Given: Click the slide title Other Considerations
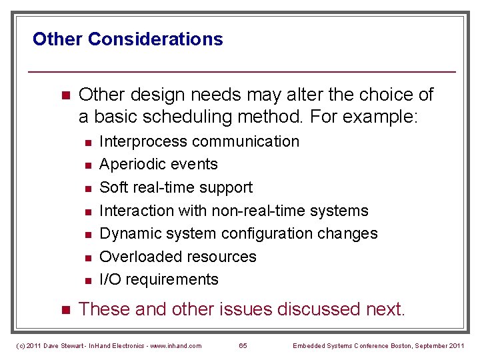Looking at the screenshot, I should (x=127, y=39).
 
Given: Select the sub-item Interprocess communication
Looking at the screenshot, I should (x=199, y=141).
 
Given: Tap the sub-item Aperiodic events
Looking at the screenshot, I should (x=158, y=164).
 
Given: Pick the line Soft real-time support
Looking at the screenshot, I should (x=176, y=187).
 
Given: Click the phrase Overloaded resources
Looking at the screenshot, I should (x=177, y=257).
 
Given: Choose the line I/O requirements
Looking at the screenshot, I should (x=159, y=279).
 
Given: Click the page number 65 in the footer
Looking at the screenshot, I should (x=243, y=345).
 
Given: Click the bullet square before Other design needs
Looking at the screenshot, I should (x=65, y=95).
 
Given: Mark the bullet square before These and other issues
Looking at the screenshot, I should (x=65, y=310).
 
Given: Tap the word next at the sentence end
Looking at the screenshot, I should (x=385, y=309).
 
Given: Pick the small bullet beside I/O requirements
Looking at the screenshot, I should (x=87, y=280).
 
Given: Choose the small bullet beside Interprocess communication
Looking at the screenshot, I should (x=87, y=142).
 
